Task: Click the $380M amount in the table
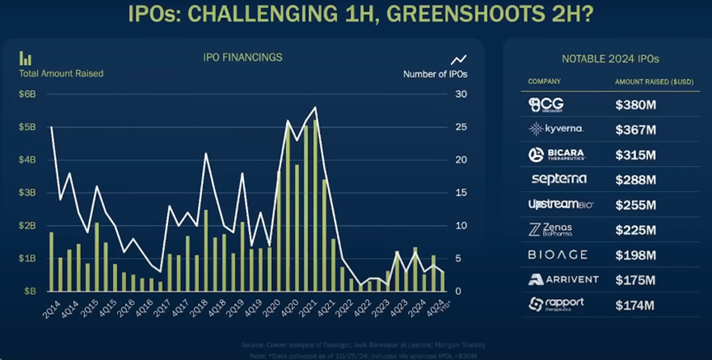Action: [635, 105]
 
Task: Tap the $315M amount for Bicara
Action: [635, 155]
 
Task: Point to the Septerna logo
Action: [560, 179]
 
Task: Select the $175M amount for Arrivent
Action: [635, 278]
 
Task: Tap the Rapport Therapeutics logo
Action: [558, 304]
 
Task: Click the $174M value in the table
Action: [635, 304]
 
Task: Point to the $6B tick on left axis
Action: [27, 94]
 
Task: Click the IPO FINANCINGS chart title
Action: [242, 58]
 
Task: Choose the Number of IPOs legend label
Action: [436, 74]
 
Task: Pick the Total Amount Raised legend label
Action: [61, 73]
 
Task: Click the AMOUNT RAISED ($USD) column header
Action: [652, 82]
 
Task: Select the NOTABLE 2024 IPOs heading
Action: [610, 58]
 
